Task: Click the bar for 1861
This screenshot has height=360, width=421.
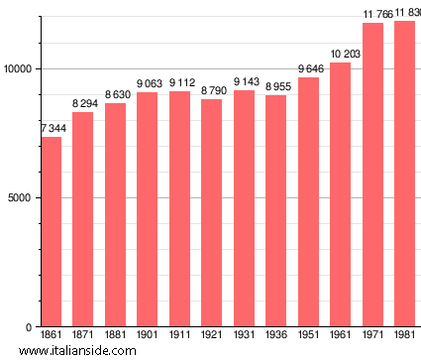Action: [51, 232]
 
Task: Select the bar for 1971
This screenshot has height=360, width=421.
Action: [372, 175]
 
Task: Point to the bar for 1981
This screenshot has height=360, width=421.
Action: [404, 174]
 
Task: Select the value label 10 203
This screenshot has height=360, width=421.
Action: [341, 55]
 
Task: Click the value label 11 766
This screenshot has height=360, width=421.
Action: [372, 14]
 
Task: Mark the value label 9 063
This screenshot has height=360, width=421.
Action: [148, 84]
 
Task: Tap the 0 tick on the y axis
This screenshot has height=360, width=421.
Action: [31, 327]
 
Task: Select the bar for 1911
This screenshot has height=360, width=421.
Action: [179, 209]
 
